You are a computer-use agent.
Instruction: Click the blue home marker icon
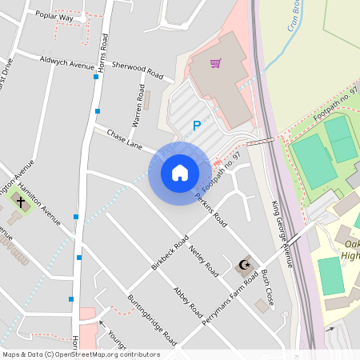(180, 173)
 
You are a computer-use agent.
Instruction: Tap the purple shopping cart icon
(215, 63)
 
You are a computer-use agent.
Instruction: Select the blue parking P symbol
(196, 126)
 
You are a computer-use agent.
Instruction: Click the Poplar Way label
(54, 15)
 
